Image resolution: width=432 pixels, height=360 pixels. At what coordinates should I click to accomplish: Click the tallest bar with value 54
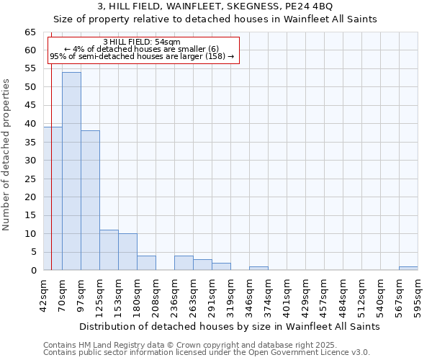[x=71, y=171]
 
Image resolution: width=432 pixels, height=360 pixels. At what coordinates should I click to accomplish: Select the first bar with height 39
[x=53, y=199]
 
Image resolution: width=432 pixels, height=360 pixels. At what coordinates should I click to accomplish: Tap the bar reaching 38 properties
[x=90, y=200]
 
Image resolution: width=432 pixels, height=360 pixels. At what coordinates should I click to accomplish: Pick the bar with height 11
[x=109, y=250]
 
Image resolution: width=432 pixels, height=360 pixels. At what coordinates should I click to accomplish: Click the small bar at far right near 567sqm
[x=408, y=269]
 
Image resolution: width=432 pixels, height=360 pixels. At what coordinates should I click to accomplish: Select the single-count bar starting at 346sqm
[x=258, y=269]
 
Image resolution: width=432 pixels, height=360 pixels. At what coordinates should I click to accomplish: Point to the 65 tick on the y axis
[x=30, y=32]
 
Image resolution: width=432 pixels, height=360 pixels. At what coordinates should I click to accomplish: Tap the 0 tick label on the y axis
[x=33, y=271]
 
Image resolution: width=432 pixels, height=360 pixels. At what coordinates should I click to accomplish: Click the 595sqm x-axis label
[x=418, y=295]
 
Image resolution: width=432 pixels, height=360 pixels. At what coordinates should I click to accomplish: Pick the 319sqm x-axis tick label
[x=230, y=295]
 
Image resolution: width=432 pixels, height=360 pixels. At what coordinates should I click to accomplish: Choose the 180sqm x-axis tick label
[x=137, y=295]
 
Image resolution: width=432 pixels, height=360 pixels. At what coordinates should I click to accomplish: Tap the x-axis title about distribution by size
[x=229, y=326]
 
